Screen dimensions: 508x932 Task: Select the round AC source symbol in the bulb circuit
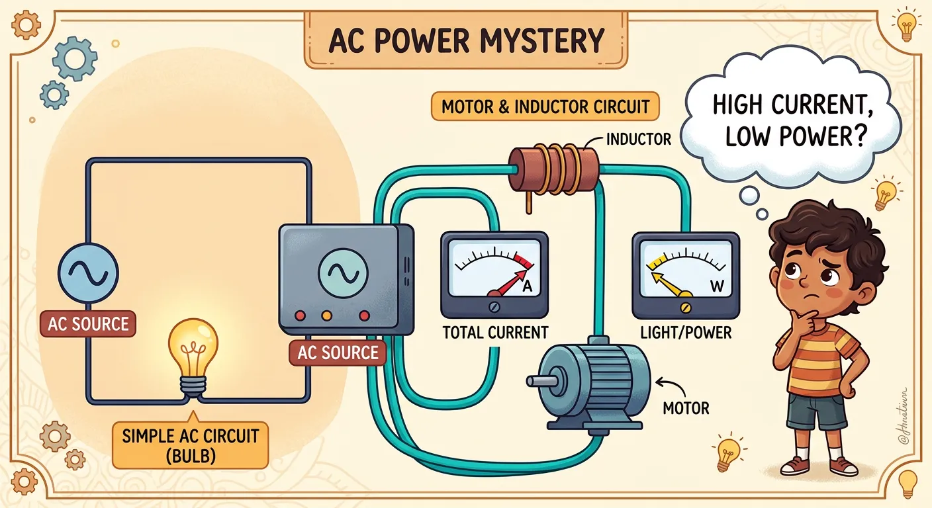87,271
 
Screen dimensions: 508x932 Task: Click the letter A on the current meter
528,286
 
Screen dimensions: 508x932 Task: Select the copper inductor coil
553,169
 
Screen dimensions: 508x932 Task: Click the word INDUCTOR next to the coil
639,139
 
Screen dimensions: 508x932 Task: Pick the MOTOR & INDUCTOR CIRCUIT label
545,106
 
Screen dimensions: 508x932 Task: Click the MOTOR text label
686,407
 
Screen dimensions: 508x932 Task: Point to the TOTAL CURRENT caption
495,332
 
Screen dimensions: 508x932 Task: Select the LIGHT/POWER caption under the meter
686,332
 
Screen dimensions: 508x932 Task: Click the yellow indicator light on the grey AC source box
326,316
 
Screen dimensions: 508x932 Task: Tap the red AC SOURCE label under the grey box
338,353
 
